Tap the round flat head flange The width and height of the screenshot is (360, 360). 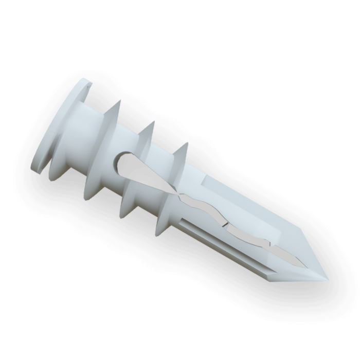pyautogui.click(x=57, y=129)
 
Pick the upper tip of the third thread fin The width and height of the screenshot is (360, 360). pyautogui.click(x=182, y=144)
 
